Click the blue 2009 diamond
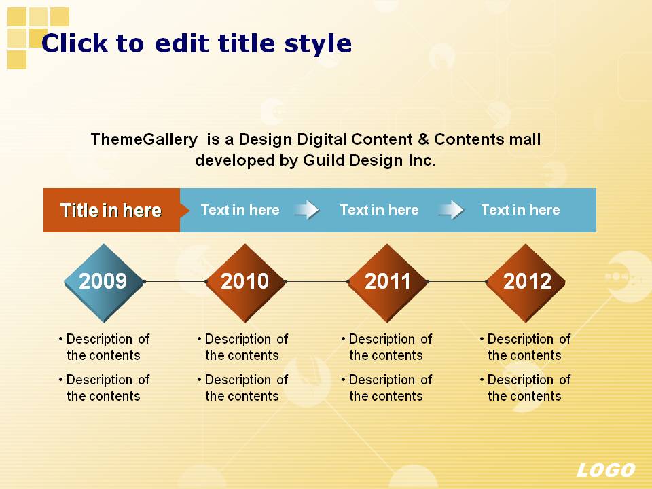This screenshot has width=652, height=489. click(104, 283)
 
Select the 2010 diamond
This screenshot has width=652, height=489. click(245, 283)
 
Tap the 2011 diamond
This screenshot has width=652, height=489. click(388, 283)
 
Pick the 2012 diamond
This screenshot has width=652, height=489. click(526, 283)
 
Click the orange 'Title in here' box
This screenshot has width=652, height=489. click(112, 210)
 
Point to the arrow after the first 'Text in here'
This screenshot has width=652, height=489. click(307, 210)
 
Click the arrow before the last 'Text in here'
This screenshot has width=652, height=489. click(451, 210)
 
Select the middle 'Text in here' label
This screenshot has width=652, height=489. click(379, 210)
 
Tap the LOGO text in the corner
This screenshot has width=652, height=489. click(606, 470)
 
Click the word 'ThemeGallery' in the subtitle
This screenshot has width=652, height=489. click(144, 139)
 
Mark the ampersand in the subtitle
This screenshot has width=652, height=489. click(423, 139)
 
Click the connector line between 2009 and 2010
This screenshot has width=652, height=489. click(175, 281)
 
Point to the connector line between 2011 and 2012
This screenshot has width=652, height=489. click(457, 281)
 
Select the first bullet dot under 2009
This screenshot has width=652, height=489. click(61, 339)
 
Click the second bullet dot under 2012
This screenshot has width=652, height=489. click(482, 380)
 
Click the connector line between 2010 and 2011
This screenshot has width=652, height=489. click(317, 281)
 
